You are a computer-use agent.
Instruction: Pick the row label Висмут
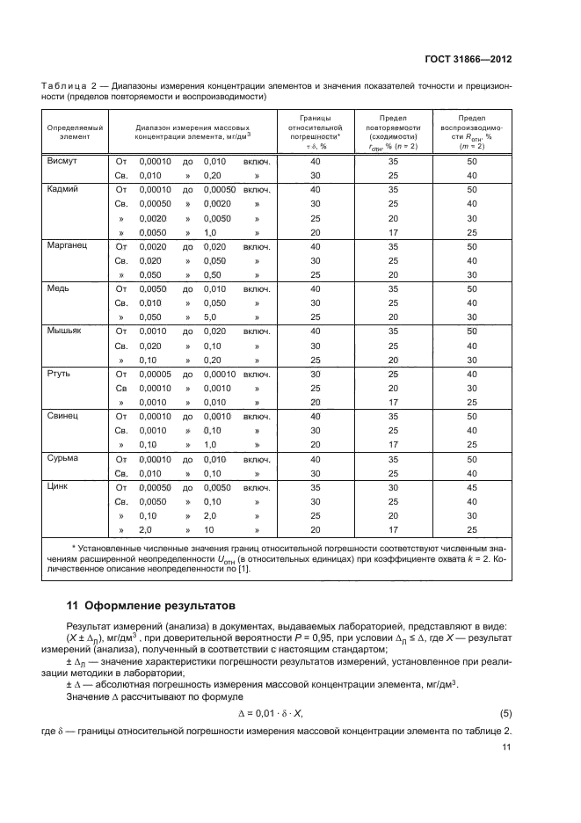coord(62,162)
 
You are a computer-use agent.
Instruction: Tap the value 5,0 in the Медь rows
coord(211,317)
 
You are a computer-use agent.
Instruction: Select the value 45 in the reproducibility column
coord(471,486)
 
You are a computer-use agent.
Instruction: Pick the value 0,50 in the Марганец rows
coord(214,274)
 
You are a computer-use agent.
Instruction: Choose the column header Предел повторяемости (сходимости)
coord(386,132)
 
